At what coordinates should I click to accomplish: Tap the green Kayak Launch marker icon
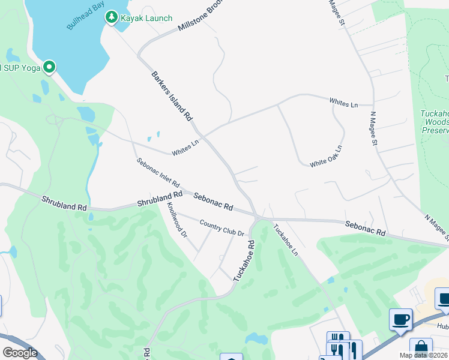[111, 18]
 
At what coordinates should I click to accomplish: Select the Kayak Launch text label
[146, 19]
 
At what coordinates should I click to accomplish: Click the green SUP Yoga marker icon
[49, 67]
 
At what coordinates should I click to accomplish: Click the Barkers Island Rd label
[172, 96]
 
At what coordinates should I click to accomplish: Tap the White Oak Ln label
[326, 156]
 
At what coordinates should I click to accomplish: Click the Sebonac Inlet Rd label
[158, 173]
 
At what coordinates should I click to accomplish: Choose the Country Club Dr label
[222, 228]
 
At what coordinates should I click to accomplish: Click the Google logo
[19, 353]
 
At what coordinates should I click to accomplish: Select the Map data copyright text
[423, 355]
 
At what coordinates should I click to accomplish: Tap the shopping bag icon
[421, 348]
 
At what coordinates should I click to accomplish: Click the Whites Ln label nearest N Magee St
[343, 103]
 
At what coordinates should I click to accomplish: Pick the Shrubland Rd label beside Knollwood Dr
[159, 199]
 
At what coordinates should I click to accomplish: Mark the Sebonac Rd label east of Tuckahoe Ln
[365, 227]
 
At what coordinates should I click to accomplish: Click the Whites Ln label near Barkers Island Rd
[185, 148]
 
